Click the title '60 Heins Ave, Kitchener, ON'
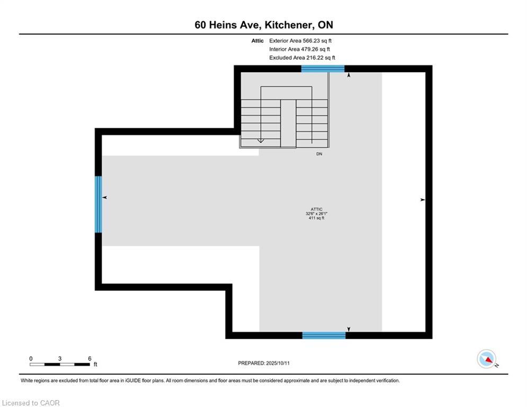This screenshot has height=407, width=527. click(x=264, y=25)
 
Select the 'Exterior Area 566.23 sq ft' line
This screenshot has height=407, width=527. click(x=300, y=40)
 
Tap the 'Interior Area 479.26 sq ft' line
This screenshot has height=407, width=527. click(x=300, y=49)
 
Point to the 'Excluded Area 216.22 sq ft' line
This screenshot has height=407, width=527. click(x=302, y=58)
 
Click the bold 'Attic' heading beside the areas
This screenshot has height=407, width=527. click(x=257, y=40)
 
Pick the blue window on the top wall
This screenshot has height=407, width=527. click(x=323, y=68)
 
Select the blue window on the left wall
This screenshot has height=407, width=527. click(x=98, y=205)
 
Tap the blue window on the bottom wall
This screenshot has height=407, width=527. click(x=324, y=335)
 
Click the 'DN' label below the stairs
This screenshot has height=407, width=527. click(x=319, y=154)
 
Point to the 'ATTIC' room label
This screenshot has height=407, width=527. click(x=317, y=209)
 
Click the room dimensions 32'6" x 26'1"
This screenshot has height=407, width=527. click(x=317, y=214)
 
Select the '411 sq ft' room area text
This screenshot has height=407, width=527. click(x=317, y=218)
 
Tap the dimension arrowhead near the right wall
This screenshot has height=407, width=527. click(x=422, y=200)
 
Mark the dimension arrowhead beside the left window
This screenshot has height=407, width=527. click(x=105, y=198)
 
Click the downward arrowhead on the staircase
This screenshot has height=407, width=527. click(x=261, y=140)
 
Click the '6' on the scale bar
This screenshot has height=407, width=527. click(x=90, y=358)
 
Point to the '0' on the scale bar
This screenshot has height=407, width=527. click(x=31, y=358)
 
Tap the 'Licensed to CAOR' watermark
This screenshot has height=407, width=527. click(x=31, y=403)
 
